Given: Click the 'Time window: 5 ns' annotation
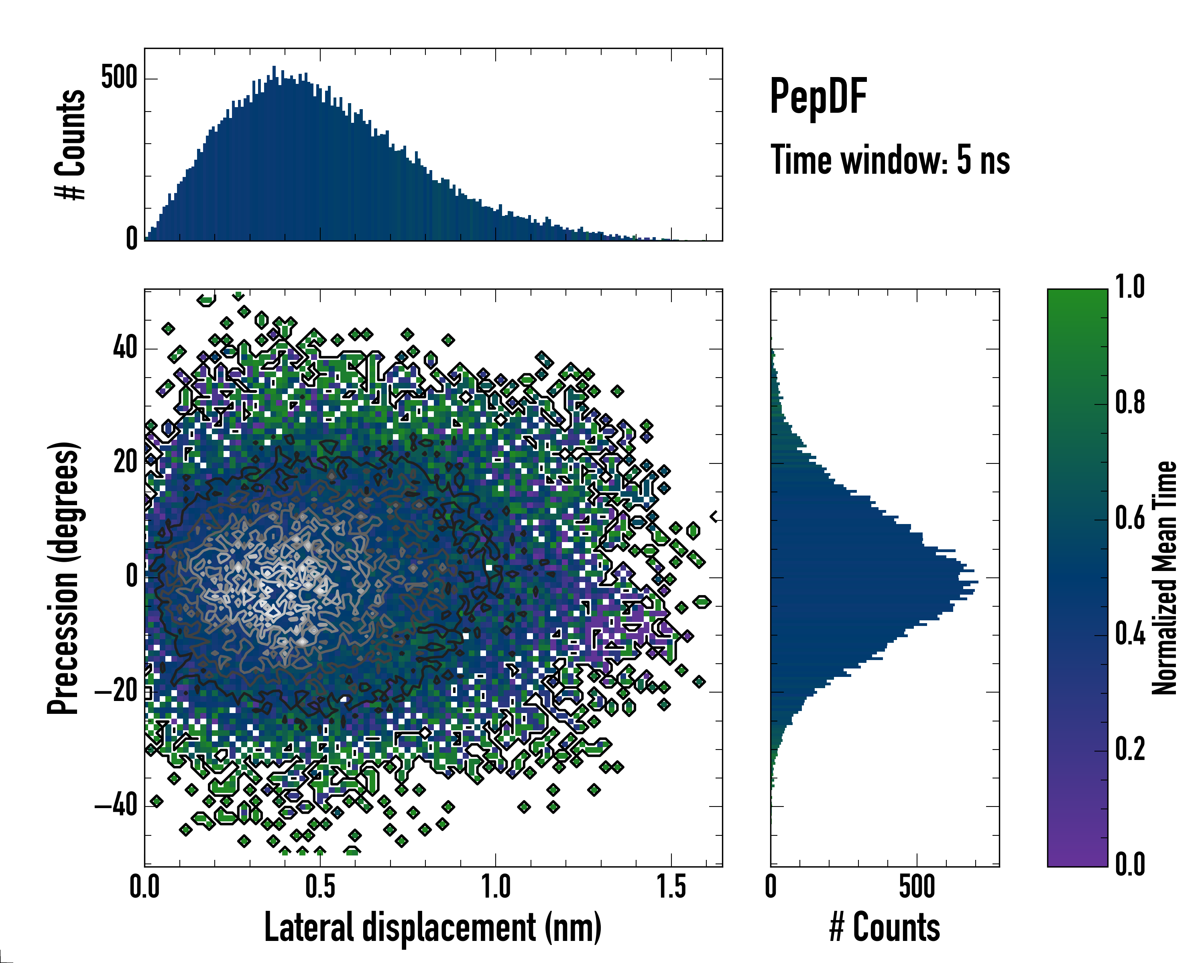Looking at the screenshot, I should [x=890, y=160].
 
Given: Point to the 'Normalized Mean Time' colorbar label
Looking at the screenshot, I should [x=1164, y=578].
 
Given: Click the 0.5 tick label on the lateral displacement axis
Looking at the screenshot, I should [x=320, y=887].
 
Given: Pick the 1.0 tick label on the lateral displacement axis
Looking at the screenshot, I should [x=496, y=887].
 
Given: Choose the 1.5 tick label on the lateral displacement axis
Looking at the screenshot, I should [x=671, y=887].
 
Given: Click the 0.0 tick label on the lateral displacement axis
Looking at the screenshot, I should [x=144, y=887].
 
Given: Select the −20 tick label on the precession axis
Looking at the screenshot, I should [x=116, y=692].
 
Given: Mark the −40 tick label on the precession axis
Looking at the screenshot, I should [x=116, y=807].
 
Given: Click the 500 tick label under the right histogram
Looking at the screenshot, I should [x=917, y=887].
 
